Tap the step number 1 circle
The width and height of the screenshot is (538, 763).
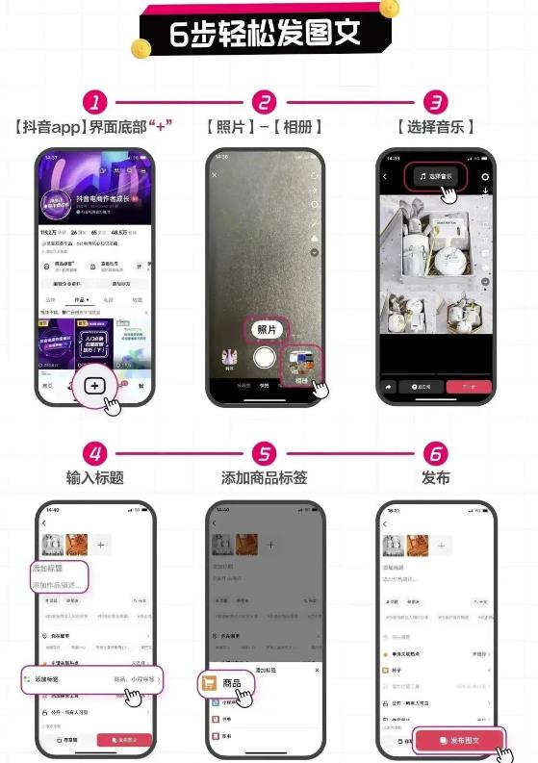[93, 103]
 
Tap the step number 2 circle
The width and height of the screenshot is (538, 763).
[265, 103]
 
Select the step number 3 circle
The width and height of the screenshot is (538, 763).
[436, 103]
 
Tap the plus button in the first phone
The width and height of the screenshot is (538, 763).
[94, 385]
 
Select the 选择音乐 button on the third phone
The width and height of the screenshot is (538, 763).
[438, 176]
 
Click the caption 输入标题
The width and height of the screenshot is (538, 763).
[94, 478]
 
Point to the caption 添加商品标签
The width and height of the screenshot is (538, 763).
[265, 478]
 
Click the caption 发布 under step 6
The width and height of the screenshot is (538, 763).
[436, 478]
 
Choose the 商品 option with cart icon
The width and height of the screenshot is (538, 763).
[227, 683]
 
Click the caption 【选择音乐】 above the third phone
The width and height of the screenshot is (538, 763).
[436, 127]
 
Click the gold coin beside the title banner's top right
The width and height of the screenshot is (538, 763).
[389, 9]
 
